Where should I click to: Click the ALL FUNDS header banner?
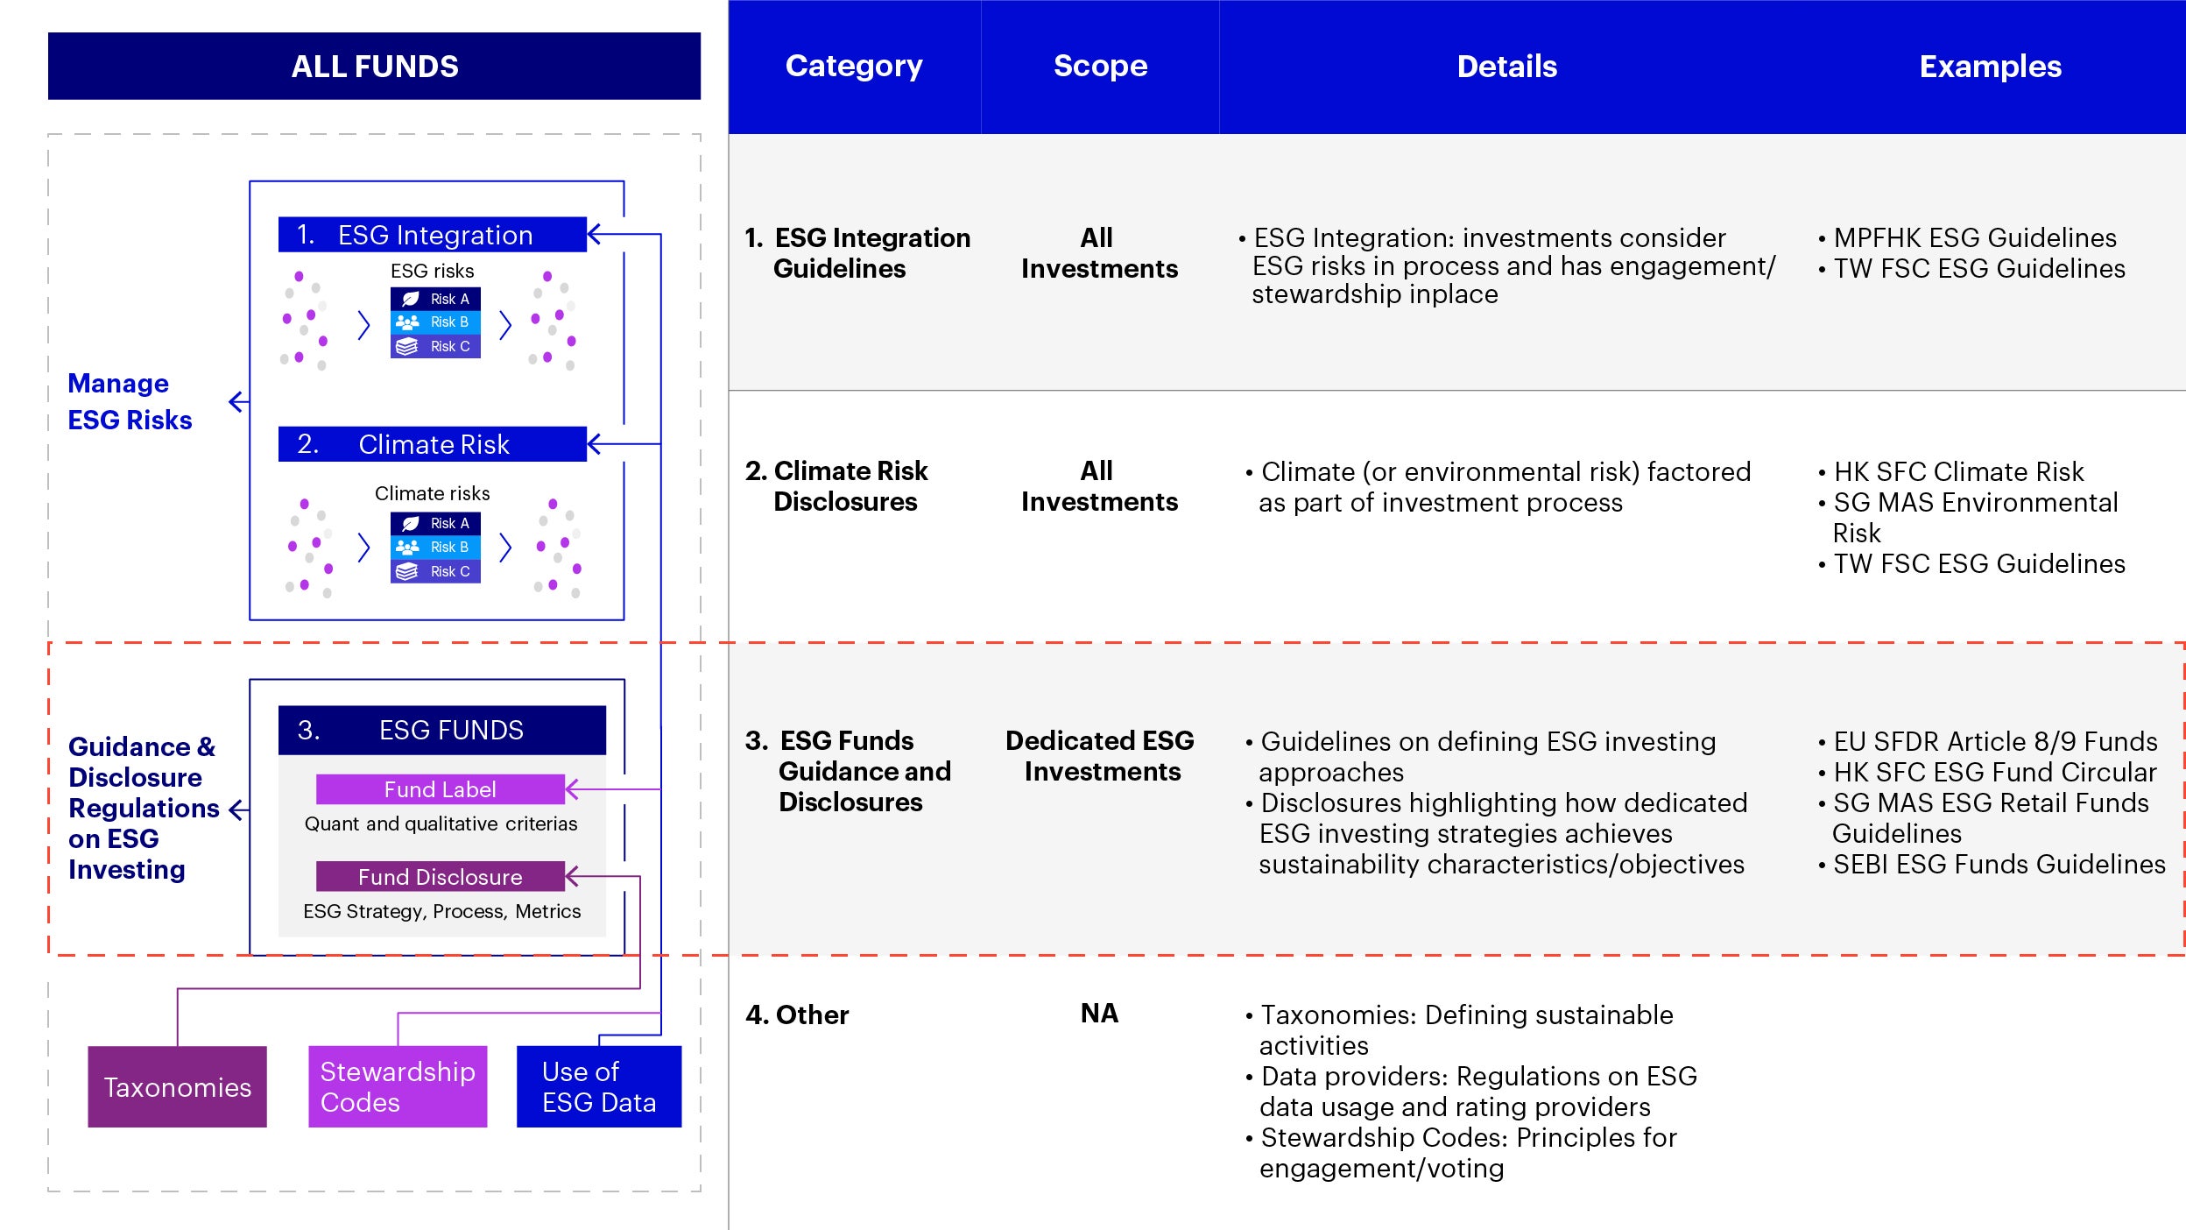(374, 67)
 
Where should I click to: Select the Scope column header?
(1100, 67)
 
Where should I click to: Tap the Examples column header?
(1990, 67)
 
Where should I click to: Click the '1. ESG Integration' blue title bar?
(432, 235)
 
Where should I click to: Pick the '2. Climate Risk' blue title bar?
(432, 444)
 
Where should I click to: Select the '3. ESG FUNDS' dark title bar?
(441, 730)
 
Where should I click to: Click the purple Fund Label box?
(440, 789)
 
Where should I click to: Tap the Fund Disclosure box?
(440, 877)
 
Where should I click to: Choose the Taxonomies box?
(177, 1087)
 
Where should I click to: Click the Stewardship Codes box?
(398, 1087)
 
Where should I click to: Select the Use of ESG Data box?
(599, 1087)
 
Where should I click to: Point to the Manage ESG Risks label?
(130, 402)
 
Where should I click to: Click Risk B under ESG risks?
(435, 322)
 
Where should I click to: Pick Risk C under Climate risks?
(435, 571)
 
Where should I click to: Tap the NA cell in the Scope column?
(1099, 1014)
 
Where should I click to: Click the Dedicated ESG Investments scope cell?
(1100, 756)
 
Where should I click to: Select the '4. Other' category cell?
(797, 1014)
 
